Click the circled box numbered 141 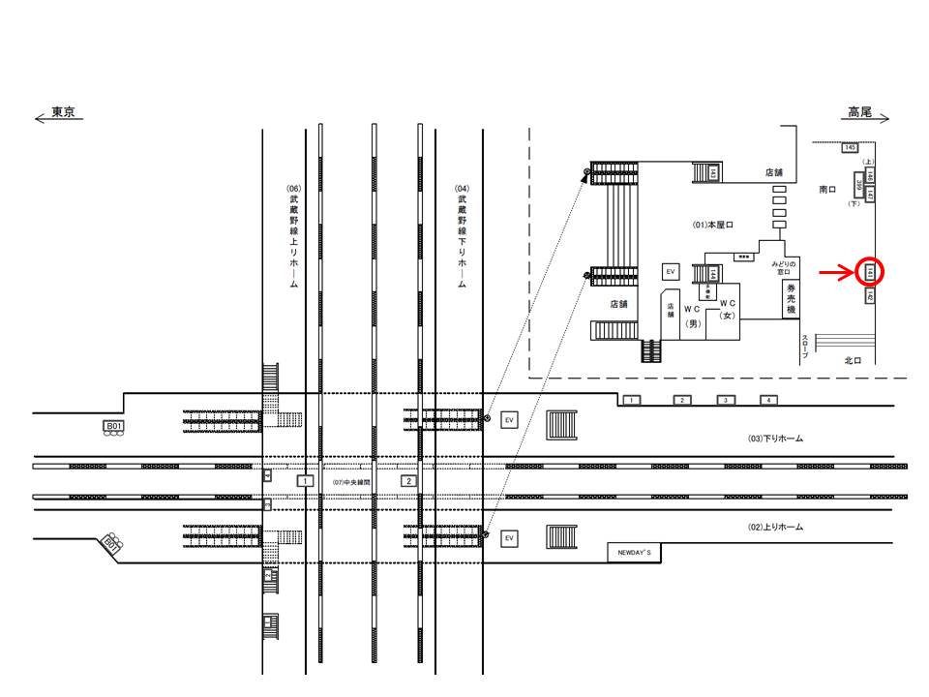pos(870,273)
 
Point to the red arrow pos(835,273)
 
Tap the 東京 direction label pos(64,112)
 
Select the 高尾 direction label pos(859,112)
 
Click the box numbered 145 pos(850,147)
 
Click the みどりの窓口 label pos(783,268)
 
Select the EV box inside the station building pos(670,272)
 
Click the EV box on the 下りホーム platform pos(510,419)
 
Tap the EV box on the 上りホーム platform pos(510,537)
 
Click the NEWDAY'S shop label pos(636,553)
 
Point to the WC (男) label pos(692,316)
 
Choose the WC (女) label pos(729,309)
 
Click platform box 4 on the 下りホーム pos(768,400)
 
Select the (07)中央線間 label pos(351,481)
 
